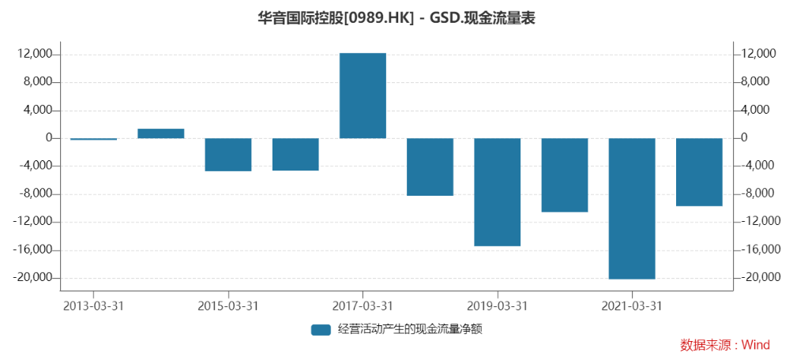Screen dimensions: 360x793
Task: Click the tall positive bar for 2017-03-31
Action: point(363,96)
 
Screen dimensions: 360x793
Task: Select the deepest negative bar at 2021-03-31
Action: point(632,208)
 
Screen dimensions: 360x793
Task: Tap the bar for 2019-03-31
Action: point(497,192)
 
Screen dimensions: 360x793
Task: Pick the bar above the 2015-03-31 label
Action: point(227,155)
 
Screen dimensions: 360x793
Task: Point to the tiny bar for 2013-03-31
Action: point(93,139)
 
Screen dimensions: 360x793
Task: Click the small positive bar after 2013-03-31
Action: point(160,133)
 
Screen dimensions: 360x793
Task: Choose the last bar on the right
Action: point(699,172)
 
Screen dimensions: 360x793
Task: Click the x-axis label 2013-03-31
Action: point(93,306)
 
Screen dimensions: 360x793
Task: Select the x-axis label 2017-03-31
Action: point(363,306)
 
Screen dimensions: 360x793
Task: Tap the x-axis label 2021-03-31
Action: point(632,306)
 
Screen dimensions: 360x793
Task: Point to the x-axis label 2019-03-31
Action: point(497,306)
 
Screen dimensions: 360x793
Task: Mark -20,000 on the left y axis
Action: point(34,278)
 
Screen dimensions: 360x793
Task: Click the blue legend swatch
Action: point(320,330)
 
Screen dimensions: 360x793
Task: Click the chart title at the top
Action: point(396,17)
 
